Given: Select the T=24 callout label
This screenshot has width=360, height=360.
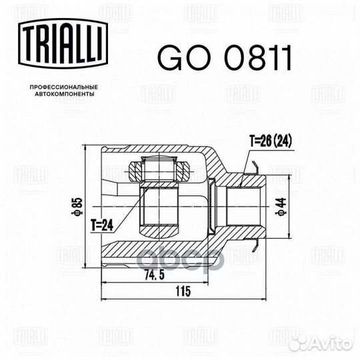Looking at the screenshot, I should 100,226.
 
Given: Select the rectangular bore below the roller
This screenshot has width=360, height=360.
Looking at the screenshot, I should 160,207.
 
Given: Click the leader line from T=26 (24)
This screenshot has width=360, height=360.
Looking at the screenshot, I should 249,160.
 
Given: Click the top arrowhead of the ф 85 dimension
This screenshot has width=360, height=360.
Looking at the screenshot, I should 85,147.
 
